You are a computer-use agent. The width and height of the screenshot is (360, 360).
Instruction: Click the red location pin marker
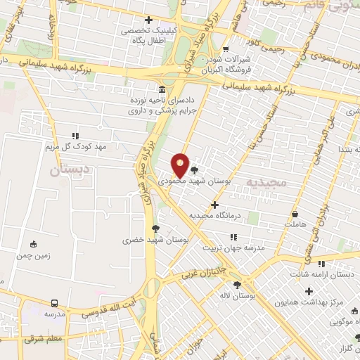tap(181, 166)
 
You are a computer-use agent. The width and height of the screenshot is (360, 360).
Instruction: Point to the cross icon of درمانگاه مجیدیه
tap(214, 205)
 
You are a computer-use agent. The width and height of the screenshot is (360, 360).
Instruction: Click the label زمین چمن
tap(33, 257)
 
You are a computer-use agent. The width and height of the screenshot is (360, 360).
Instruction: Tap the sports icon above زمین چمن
tap(33, 245)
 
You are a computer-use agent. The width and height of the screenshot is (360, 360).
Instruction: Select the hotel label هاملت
tap(296, 224)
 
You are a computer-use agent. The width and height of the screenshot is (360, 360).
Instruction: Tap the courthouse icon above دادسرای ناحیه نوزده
tap(162, 90)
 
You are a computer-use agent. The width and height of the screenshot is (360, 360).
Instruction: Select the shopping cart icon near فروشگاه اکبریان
tap(225, 49)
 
